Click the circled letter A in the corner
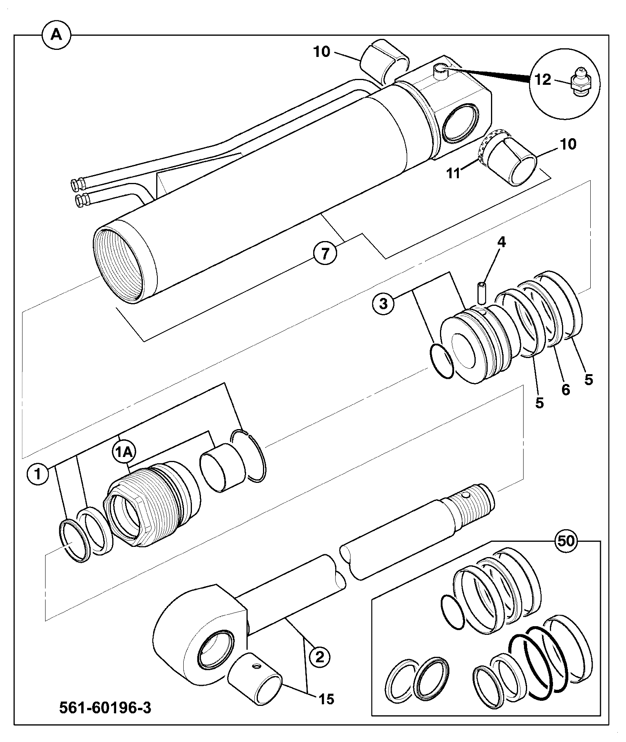click(x=56, y=35)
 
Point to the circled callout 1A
click(x=124, y=452)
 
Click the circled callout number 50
click(x=566, y=541)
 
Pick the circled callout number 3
click(x=383, y=303)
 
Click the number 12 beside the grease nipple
click(x=543, y=80)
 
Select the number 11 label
click(x=454, y=173)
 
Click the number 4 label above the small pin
click(x=502, y=242)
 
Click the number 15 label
click(x=327, y=699)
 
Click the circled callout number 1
click(x=38, y=474)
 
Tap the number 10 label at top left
click(x=322, y=52)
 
